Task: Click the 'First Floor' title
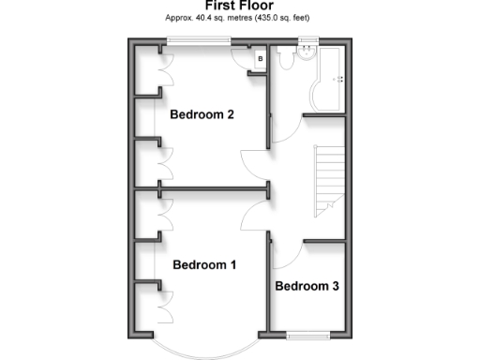239,6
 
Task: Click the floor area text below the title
239,18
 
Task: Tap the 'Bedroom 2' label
202,115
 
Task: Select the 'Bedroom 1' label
204,265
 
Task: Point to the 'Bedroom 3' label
307,286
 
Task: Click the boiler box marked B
262,60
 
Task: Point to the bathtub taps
340,79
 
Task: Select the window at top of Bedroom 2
200,40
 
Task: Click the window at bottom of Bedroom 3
307,333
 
